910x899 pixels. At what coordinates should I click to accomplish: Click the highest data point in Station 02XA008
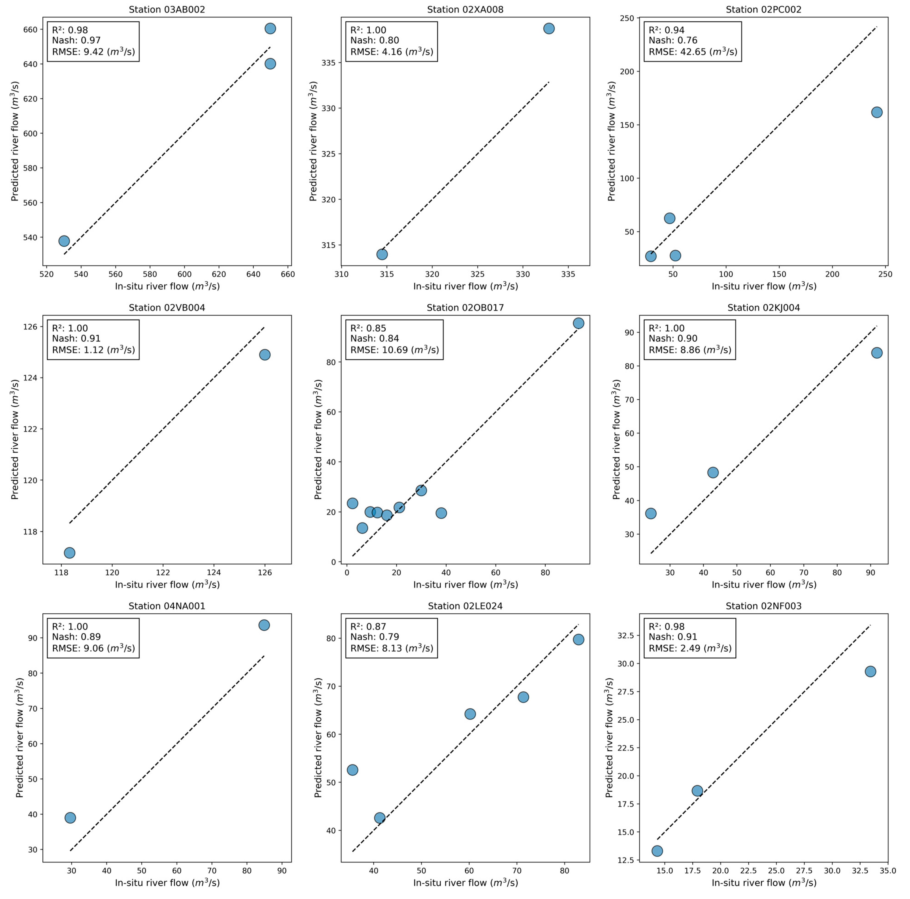pos(549,28)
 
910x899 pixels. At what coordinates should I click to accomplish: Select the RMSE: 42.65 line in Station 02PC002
pos(692,51)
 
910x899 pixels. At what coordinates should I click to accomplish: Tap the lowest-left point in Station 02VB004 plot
pos(70,553)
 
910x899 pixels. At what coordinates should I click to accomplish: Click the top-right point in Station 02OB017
pos(578,323)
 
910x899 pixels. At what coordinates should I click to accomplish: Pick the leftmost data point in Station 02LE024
pos(352,770)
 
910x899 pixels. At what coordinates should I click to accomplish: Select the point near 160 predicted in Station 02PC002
pos(877,112)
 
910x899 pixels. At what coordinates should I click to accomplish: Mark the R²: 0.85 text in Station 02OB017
pos(368,328)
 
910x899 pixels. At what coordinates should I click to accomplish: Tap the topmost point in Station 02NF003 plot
pos(870,671)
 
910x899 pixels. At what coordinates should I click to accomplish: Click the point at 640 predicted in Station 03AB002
pos(270,64)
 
